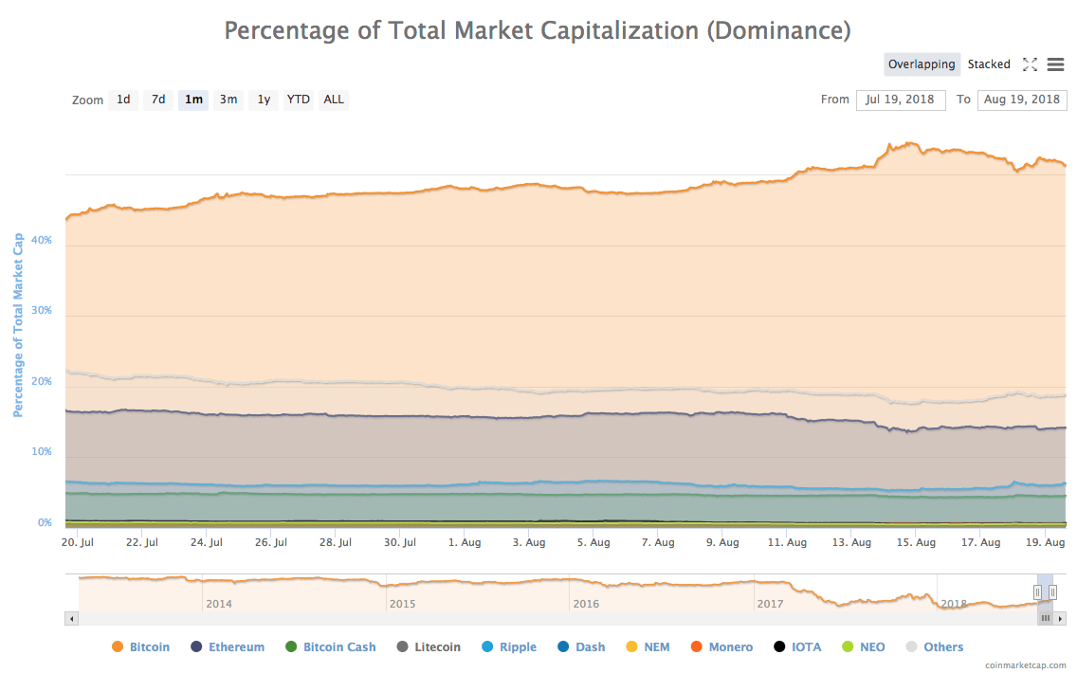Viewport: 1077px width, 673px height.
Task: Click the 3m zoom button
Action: pos(228,100)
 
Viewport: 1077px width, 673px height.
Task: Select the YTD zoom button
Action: pos(299,100)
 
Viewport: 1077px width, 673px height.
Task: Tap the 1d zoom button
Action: pos(123,100)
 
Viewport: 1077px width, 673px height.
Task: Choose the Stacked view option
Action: pos(989,64)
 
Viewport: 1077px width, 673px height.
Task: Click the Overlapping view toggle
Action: pos(922,64)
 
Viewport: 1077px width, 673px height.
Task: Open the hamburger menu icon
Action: pos(1055,64)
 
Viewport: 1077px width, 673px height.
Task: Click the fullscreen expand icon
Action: pos(1030,64)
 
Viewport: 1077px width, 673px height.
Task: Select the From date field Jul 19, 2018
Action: pos(900,100)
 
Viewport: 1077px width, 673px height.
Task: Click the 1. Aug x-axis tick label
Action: pos(464,542)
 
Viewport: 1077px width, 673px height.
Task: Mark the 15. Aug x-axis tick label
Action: pos(917,542)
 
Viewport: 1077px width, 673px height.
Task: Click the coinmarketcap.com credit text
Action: pos(1025,665)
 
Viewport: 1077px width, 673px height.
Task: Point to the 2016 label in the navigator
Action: pos(585,604)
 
